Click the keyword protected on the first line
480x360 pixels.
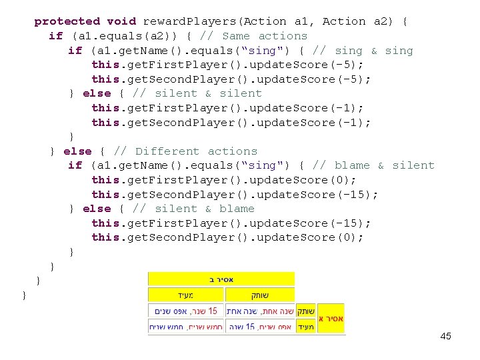tap(67, 21)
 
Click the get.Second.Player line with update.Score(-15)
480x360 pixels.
tap(235, 195)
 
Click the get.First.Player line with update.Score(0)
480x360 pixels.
tap(224, 180)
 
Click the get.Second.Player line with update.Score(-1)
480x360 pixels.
tap(231, 123)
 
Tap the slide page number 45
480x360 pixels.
tap(445, 336)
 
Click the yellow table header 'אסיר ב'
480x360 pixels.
tap(221, 279)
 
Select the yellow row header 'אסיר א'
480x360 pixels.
tap(331, 319)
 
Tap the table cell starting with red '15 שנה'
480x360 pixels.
tap(186, 311)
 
